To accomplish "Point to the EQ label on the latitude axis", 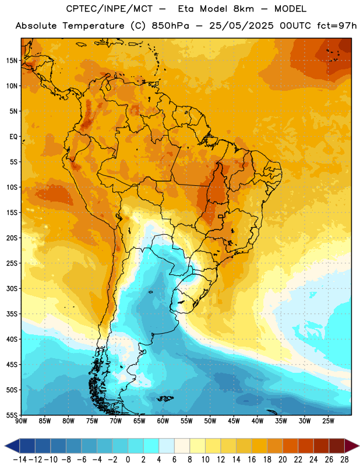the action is click(x=13, y=137).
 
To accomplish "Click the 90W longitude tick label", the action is click(x=21, y=421).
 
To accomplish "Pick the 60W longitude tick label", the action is click(x=163, y=421).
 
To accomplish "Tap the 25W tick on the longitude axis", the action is click(x=328, y=421).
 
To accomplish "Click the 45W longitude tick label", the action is click(x=234, y=421).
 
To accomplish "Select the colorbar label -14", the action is click(x=20, y=460).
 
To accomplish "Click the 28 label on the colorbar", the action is click(x=344, y=460).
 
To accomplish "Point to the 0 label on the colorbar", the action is click(x=128, y=460).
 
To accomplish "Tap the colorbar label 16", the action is click(x=252, y=460).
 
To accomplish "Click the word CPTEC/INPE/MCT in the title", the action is click(x=109, y=9).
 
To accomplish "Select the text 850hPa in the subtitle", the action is click(x=170, y=26).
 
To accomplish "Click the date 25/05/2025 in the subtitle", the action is click(x=241, y=26).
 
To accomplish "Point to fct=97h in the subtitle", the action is click(x=337, y=26).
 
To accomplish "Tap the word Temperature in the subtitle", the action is click(x=93, y=26).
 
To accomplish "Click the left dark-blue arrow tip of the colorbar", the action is click(x=5, y=446).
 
